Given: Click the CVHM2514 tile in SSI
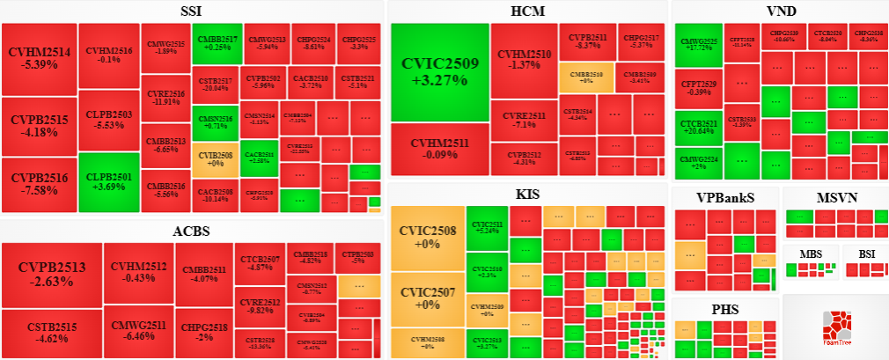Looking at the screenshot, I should tap(39, 58).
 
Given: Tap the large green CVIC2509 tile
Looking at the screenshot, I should tap(439, 71).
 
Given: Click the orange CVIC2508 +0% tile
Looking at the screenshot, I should tap(427, 238).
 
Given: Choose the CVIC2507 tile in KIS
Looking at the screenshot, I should tap(427, 298).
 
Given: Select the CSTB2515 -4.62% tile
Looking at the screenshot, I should tap(51, 332).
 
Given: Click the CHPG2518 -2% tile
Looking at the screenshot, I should tap(203, 332).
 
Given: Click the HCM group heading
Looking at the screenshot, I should tap(527, 11).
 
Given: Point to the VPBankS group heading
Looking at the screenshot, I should tap(724, 197).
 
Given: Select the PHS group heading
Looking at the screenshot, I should tap(724, 310).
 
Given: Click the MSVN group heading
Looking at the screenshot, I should tap(835, 197).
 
